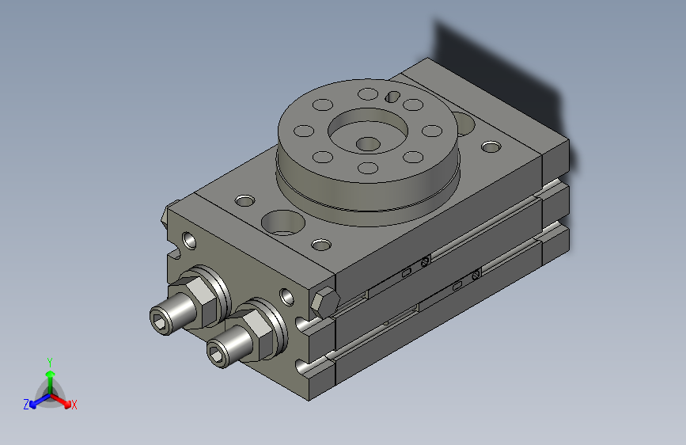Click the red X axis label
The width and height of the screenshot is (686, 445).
[x=74, y=405]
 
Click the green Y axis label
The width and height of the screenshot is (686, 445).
[x=50, y=363]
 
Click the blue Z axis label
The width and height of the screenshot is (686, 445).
[x=26, y=405]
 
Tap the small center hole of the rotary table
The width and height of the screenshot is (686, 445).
[x=368, y=143]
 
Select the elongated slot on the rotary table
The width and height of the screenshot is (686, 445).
[x=392, y=97]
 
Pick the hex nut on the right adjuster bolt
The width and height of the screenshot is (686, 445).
[x=255, y=334]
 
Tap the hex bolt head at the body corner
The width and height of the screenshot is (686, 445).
[x=325, y=302]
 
